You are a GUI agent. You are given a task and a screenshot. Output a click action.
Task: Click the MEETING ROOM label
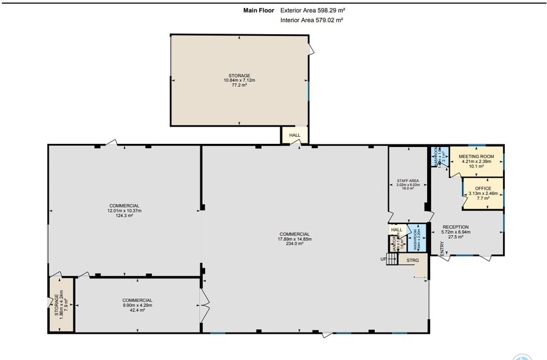pyautogui.click(x=476, y=157)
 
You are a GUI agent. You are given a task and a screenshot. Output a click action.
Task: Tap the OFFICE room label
pyautogui.click(x=483, y=188)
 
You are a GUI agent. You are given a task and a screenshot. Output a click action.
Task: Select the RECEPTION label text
pyautogui.click(x=455, y=227)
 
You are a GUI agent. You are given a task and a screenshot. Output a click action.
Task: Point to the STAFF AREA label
pyautogui.click(x=407, y=181)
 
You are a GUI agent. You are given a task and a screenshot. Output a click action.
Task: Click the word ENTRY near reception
pyautogui.click(x=441, y=248)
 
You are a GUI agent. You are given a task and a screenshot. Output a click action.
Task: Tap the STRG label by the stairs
pyautogui.click(x=412, y=261)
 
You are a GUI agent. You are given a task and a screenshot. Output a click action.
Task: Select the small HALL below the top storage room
pyautogui.click(x=294, y=135)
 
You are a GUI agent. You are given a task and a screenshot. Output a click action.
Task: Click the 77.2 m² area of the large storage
pyautogui.click(x=239, y=85)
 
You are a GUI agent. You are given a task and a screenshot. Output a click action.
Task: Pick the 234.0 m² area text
pyautogui.click(x=295, y=244)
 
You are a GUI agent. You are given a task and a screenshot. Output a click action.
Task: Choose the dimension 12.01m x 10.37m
pyautogui.click(x=124, y=211)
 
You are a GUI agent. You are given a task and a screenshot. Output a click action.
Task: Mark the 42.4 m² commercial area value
pyautogui.click(x=137, y=310)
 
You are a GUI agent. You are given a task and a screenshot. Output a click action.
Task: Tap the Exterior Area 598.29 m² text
pyautogui.click(x=314, y=10)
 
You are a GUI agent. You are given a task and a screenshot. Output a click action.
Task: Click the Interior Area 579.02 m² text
pyautogui.click(x=311, y=20)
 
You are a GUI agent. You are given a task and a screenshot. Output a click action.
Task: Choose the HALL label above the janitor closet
pyautogui.click(x=396, y=230)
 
